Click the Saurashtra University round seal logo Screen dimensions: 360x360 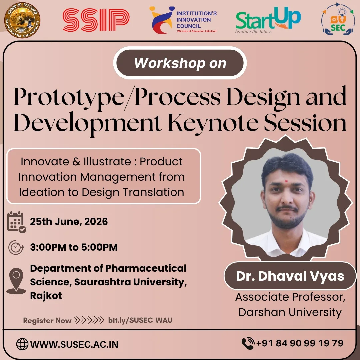click(x=22, y=20)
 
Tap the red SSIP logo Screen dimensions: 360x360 click(x=96, y=20)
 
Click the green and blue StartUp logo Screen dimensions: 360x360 click(x=268, y=20)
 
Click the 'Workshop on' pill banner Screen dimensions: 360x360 click(x=180, y=63)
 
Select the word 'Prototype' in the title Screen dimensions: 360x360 click(x=69, y=97)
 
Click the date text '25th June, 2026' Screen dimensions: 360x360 click(x=69, y=222)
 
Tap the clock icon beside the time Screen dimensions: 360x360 click(x=16, y=247)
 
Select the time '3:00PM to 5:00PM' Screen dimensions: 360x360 click(x=74, y=247)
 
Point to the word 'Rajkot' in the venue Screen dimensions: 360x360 click(x=46, y=296)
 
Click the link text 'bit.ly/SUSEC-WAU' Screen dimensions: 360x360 click(x=140, y=320)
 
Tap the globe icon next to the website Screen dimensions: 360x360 click(x=22, y=344)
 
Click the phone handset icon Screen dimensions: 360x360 click(x=248, y=343)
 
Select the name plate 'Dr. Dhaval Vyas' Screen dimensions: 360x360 click(x=290, y=276)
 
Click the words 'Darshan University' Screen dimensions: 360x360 click(x=290, y=312)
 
